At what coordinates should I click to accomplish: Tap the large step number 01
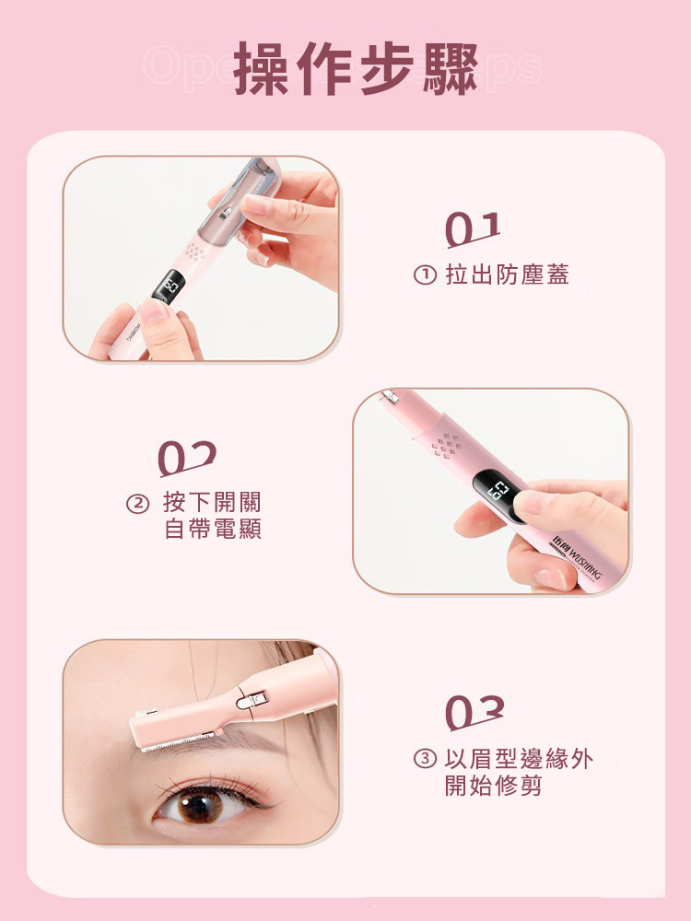[x=474, y=229]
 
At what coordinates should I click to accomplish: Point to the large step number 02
[x=187, y=458]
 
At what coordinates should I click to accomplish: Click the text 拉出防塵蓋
[x=507, y=274]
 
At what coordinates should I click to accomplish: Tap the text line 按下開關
[x=212, y=502]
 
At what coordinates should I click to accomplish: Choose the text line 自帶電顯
[x=212, y=530]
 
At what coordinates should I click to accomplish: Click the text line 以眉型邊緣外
[x=519, y=759]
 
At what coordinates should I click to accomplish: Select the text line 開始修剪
[x=493, y=787]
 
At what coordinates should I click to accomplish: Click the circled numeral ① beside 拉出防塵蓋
[x=425, y=275]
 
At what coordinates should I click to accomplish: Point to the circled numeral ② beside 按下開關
[x=136, y=503]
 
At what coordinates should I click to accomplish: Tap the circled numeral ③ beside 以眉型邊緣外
[x=424, y=760]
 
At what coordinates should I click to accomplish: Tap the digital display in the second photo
[x=498, y=491]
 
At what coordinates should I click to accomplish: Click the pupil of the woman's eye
[x=195, y=808]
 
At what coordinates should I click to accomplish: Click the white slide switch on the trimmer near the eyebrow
[x=246, y=703]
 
